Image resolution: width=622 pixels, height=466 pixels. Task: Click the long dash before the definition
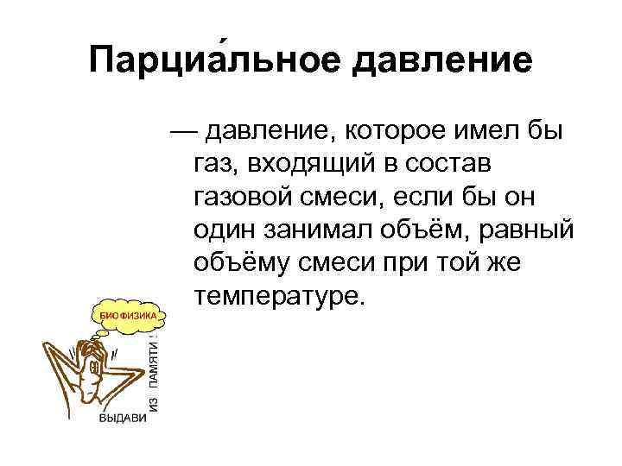click(185, 134)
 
